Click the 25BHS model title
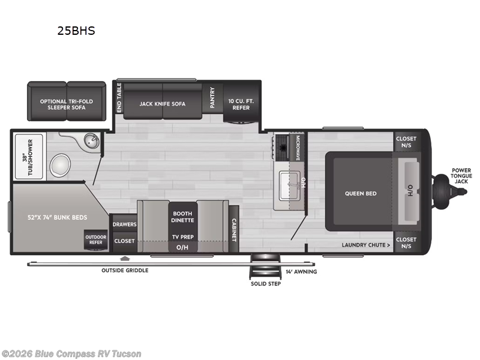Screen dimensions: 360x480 [76, 31]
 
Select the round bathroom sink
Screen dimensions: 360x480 [91, 141]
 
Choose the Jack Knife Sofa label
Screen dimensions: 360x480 [163, 104]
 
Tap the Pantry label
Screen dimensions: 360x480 [212, 98]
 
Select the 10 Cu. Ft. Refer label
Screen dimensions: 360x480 [241, 104]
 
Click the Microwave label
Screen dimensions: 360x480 [298, 148]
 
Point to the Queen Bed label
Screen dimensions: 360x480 [361, 193]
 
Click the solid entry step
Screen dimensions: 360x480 [265, 270]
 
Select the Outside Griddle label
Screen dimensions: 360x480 [125, 270]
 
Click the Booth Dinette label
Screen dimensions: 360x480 [182, 217]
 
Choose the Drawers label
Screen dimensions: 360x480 [124, 224]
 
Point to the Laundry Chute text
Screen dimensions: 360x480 [366, 245]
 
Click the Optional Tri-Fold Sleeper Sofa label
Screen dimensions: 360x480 [67, 104]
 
